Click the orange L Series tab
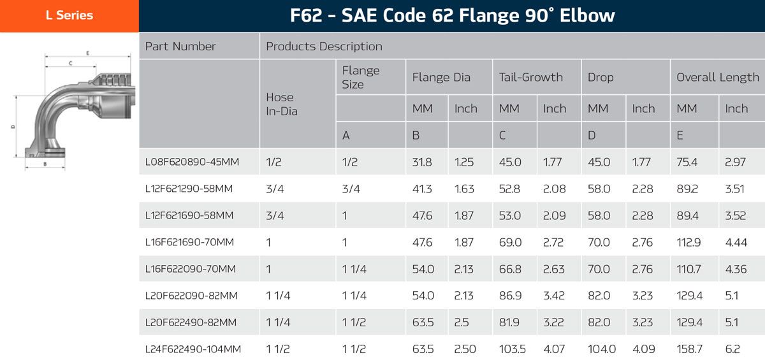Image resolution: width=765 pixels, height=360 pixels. [69, 15]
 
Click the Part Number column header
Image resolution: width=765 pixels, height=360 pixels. [180, 47]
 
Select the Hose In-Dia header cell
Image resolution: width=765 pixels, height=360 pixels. [280, 104]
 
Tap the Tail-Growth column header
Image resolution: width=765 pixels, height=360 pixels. [531, 77]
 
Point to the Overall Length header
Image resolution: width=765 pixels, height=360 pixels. [718, 77]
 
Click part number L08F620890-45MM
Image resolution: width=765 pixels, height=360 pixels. [192, 162]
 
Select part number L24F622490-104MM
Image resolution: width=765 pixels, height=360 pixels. [193, 349]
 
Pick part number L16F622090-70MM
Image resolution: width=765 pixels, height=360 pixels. [191, 269]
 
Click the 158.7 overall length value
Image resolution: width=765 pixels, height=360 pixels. [690, 349]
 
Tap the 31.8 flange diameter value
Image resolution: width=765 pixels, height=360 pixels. [422, 162]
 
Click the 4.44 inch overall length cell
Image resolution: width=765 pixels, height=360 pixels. [736, 242]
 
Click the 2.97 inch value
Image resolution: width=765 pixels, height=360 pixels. [736, 162]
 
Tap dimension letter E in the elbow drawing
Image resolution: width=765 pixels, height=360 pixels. [87, 52]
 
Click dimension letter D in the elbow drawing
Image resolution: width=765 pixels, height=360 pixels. [13, 127]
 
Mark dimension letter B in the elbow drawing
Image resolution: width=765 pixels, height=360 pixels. [45, 164]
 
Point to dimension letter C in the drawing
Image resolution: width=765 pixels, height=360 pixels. [69, 63]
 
